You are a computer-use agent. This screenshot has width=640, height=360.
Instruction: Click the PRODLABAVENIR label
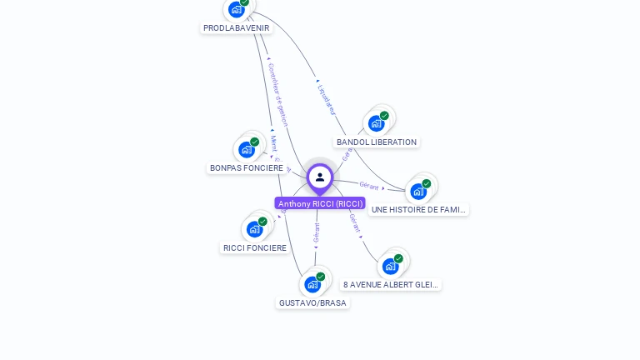tap(237, 27)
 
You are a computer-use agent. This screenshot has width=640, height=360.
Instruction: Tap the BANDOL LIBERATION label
tap(377, 142)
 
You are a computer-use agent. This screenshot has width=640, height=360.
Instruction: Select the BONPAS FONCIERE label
tap(247, 167)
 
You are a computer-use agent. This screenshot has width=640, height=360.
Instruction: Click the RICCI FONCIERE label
tap(255, 247)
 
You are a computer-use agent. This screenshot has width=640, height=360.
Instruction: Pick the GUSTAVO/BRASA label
tap(312, 302)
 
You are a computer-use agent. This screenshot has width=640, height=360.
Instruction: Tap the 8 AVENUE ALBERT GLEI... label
tap(391, 284)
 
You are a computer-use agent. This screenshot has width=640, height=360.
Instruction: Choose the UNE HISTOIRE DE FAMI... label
tap(419, 210)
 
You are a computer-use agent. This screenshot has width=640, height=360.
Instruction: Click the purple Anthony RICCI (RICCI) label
tap(320, 203)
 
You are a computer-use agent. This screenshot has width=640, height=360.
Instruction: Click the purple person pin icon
tap(320, 177)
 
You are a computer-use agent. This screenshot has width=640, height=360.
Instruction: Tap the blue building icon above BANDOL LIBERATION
tap(376, 123)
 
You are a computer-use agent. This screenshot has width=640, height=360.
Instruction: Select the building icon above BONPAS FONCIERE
tap(246, 149)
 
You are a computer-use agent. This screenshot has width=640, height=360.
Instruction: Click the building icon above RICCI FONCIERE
tap(254, 229)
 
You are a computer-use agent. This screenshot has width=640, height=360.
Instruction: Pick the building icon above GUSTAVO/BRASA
tap(312, 284)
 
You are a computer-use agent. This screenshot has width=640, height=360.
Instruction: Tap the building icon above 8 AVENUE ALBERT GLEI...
tap(390, 266)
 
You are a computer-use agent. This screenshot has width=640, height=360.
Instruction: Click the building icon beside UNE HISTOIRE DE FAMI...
tap(418, 191)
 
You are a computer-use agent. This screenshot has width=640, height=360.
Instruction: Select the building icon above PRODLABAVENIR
tap(236, 9)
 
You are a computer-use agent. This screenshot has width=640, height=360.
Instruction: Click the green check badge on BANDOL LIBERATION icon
tap(384, 116)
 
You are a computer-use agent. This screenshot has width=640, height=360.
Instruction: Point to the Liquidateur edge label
tap(326, 97)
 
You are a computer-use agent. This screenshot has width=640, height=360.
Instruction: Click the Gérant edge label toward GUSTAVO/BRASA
tap(317, 232)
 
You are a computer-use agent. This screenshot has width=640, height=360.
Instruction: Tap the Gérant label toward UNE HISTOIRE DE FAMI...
tap(369, 185)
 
